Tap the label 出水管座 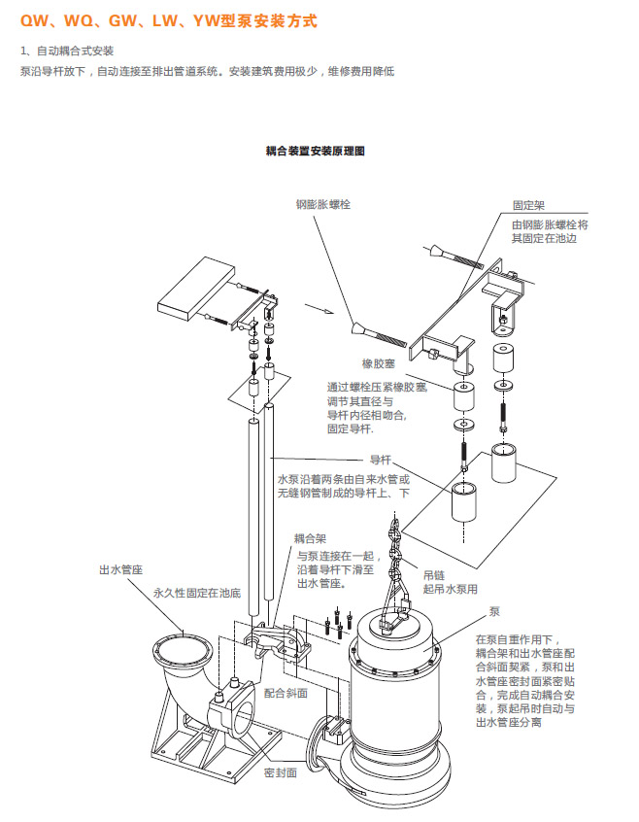115,570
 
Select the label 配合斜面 286,693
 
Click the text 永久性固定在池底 193,591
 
